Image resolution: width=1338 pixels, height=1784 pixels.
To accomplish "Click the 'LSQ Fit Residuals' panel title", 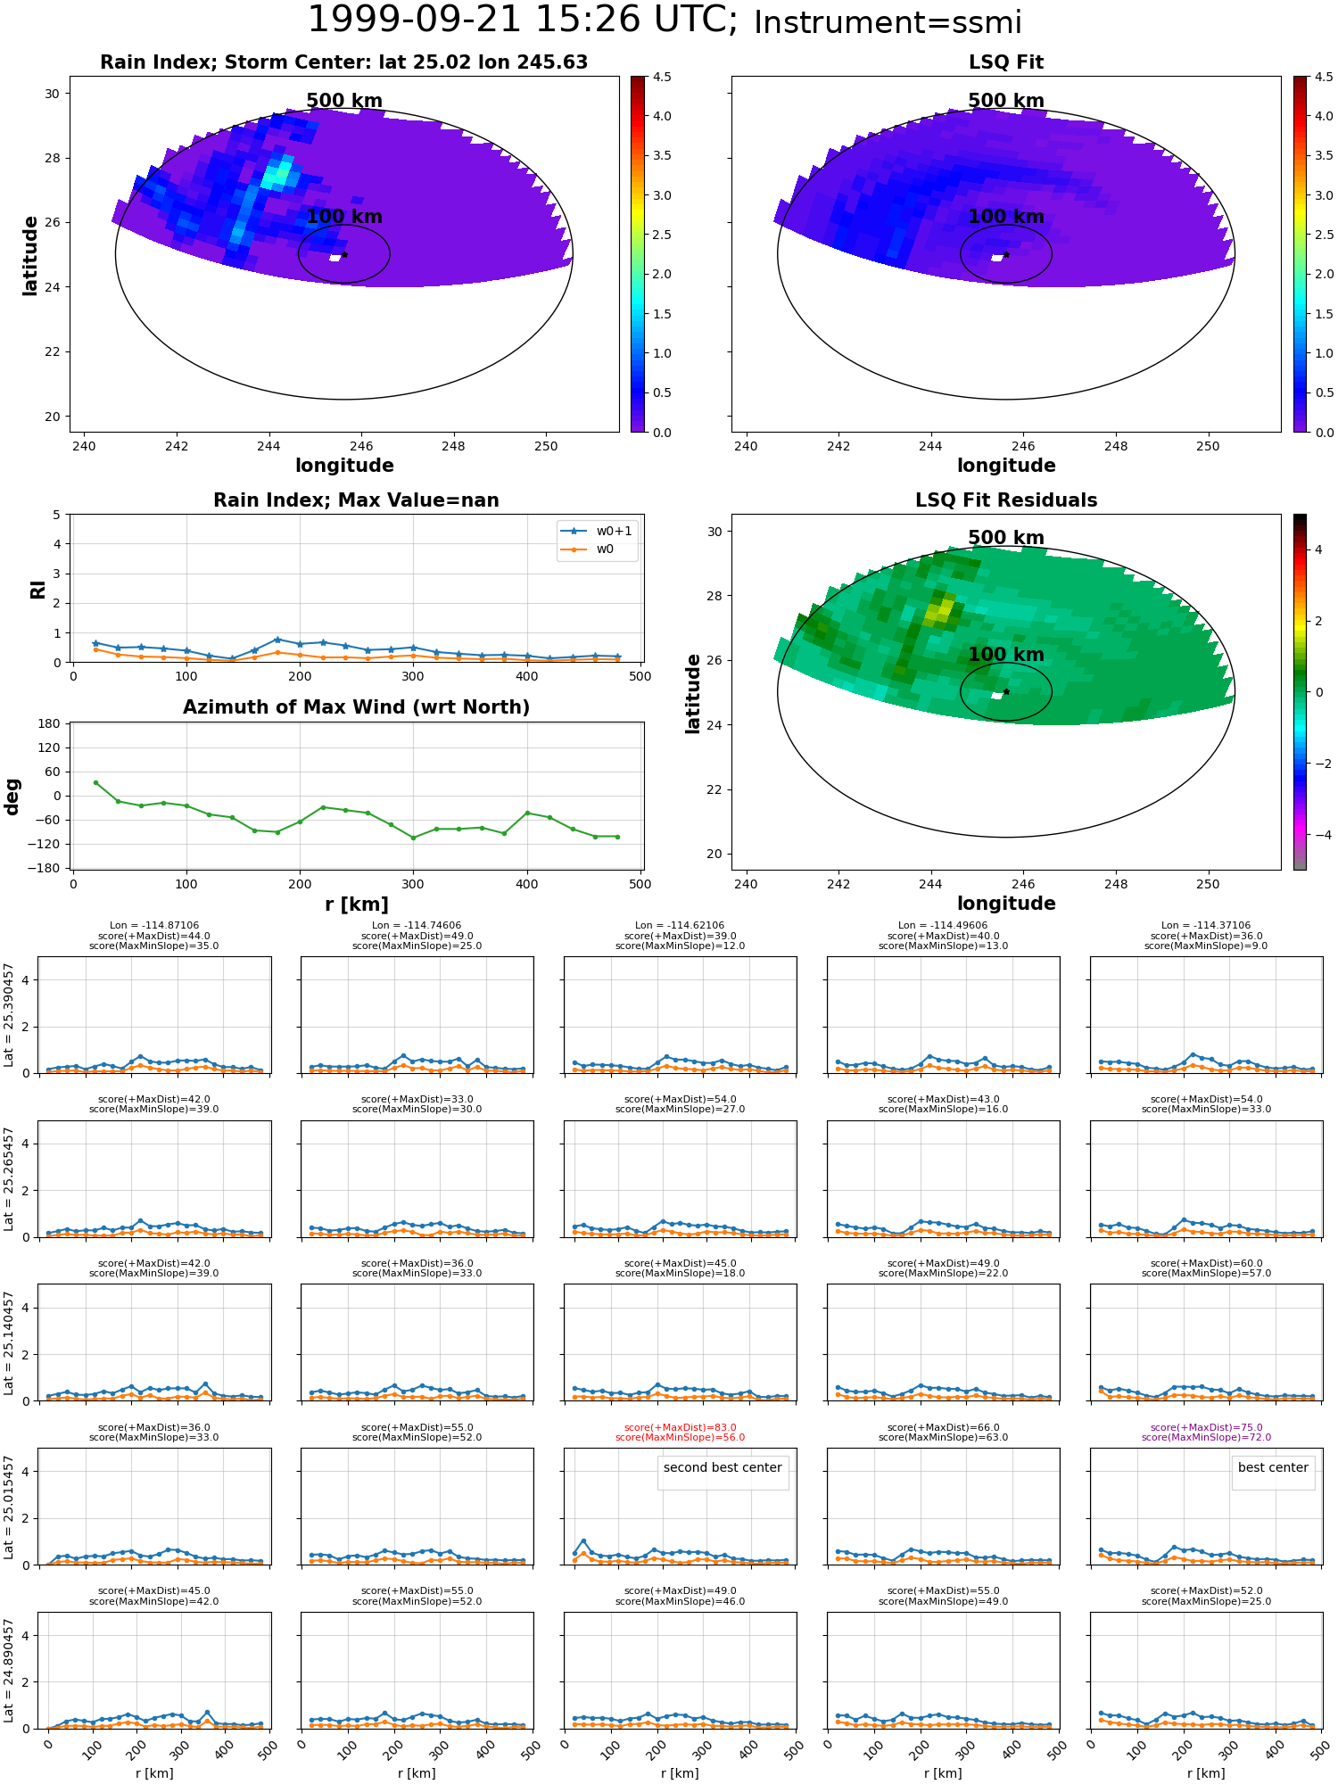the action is click(1006, 500).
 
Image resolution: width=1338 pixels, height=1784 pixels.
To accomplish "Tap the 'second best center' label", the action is click(723, 1468).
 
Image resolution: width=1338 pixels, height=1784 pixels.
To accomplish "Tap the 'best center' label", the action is click(1273, 1468).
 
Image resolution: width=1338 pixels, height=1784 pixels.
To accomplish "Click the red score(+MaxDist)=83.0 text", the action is click(681, 1428).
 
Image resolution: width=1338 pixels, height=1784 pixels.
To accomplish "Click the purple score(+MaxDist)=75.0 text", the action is click(1207, 1428).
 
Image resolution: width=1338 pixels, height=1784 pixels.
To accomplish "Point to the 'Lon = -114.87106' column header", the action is click(154, 926).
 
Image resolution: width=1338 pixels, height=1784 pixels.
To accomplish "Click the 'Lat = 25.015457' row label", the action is click(9, 1507).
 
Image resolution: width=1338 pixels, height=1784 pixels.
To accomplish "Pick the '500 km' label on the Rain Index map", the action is click(344, 101).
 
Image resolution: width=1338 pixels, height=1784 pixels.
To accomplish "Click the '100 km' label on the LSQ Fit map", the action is click(1006, 217).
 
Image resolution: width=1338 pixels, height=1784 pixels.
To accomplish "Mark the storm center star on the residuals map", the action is click(1006, 691).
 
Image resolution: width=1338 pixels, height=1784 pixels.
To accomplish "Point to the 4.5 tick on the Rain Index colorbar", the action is click(661, 77).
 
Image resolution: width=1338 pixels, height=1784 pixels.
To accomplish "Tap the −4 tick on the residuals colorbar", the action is click(1318, 835).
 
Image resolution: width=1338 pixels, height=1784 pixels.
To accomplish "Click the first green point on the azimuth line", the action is click(95, 782).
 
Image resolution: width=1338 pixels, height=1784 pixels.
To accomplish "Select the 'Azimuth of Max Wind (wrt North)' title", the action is click(357, 707).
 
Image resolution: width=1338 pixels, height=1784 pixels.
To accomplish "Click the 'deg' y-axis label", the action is click(12, 797).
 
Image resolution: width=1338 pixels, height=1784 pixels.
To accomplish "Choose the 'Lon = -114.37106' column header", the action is click(1207, 926).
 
